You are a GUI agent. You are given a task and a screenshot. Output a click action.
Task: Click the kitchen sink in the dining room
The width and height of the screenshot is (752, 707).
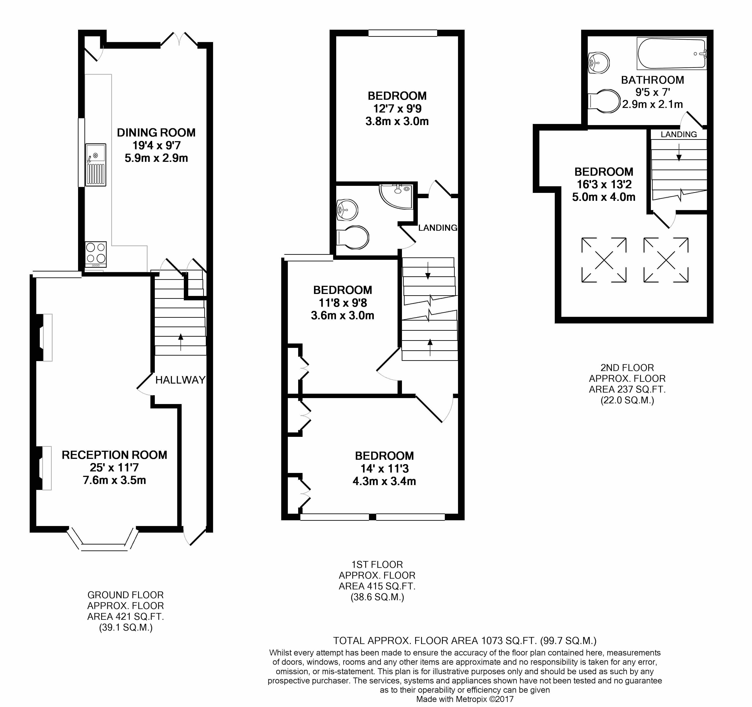pyautogui.click(x=96, y=165)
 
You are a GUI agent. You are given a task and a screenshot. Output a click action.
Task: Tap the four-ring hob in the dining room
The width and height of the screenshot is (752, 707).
pyautogui.click(x=96, y=253)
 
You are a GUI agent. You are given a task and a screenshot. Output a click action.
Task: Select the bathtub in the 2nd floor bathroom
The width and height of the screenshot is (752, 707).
pyautogui.click(x=672, y=54)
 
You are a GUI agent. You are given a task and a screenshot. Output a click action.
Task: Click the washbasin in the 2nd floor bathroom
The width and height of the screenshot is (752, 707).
pyautogui.click(x=599, y=63)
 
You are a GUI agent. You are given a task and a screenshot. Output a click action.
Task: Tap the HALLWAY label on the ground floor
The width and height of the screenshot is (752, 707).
pyautogui.click(x=181, y=380)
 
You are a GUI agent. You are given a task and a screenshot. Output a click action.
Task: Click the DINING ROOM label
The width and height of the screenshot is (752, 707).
pyautogui.click(x=156, y=133)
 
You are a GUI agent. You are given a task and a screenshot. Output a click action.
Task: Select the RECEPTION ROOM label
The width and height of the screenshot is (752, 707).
pyautogui.click(x=114, y=455)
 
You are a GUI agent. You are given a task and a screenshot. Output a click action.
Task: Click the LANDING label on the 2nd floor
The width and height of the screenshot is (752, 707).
pyautogui.click(x=679, y=135)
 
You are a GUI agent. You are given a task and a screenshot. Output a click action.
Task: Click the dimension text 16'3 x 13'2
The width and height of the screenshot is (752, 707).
pyautogui.click(x=604, y=185)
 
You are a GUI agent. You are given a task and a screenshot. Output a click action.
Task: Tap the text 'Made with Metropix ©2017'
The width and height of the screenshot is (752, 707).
pyautogui.click(x=465, y=699)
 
